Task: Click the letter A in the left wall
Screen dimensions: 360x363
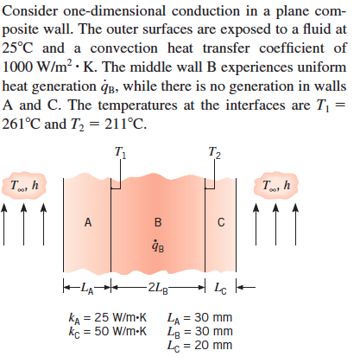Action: click(88, 222)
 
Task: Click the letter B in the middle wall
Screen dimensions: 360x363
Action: click(158, 222)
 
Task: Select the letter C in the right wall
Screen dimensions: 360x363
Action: click(221, 222)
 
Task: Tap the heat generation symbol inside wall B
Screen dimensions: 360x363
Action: click(158, 246)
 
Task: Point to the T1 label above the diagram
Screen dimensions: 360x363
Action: click(120, 152)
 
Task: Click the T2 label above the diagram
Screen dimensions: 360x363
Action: click(214, 152)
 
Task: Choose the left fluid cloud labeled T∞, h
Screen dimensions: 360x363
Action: click(24, 186)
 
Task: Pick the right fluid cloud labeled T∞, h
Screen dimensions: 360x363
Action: click(276, 186)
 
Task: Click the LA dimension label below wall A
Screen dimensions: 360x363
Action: click(87, 288)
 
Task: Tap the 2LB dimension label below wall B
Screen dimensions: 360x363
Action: click(158, 288)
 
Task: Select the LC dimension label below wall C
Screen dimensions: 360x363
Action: click(220, 288)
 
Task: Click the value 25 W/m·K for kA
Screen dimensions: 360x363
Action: click(120, 317)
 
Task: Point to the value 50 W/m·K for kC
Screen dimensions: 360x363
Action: click(120, 331)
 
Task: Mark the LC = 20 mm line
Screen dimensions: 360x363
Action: click(200, 346)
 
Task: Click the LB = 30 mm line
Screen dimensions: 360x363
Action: click(200, 332)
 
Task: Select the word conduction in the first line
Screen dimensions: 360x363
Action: click(205, 11)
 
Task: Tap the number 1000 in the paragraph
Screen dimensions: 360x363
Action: click(17, 67)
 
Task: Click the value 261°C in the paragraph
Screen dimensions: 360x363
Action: click(21, 124)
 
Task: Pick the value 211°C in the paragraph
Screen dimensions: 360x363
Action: click(125, 124)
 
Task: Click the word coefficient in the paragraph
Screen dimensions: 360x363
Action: click(292, 48)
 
